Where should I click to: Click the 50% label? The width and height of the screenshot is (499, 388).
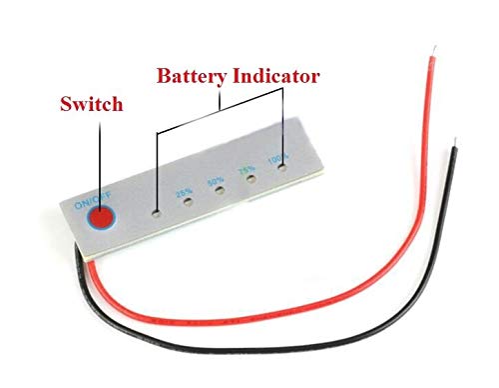point(215,182)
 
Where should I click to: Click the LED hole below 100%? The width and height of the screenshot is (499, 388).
point(283,171)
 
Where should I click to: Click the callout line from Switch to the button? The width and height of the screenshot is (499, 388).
point(100,160)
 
